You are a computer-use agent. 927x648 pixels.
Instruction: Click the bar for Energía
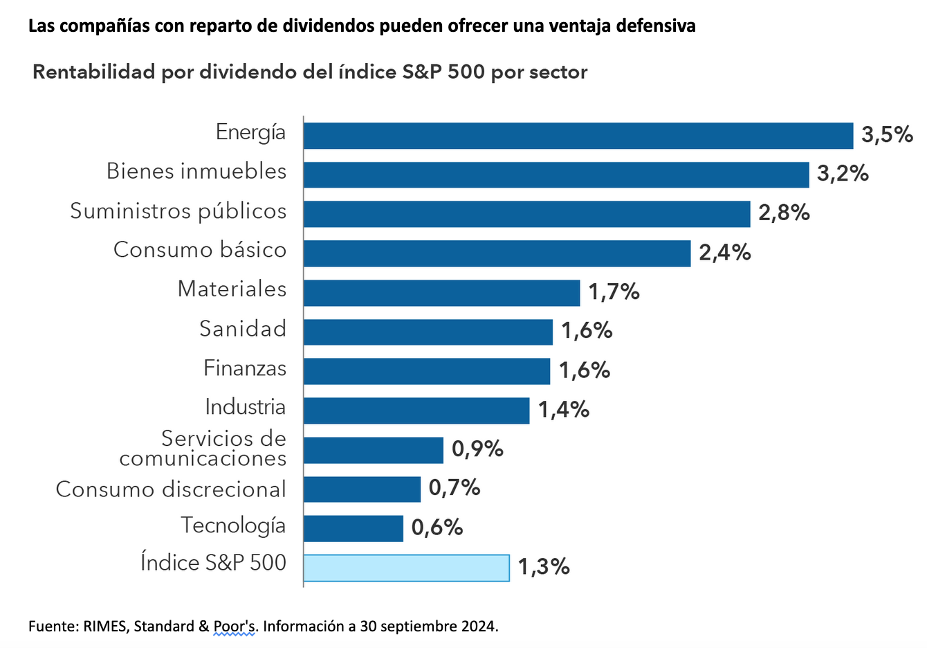[x=578, y=136]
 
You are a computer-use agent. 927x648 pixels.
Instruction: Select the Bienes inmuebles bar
[x=556, y=174]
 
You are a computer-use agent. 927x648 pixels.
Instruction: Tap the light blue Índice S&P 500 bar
[x=406, y=568]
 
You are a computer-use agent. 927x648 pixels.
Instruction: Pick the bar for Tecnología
[x=353, y=528]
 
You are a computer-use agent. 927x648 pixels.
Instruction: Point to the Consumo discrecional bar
[x=362, y=489]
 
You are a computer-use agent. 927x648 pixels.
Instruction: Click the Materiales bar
[x=441, y=293]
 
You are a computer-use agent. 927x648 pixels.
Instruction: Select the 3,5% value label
[x=887, y=134]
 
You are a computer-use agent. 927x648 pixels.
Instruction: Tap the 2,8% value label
[x=784, y=213]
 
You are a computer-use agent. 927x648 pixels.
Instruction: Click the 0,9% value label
[x=477, y=449]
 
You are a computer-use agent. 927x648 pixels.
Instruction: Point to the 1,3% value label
[x=544, y=567]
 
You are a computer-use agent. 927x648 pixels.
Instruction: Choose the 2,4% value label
[x=724, y=253]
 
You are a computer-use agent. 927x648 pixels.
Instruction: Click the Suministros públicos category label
[x=178, y=211]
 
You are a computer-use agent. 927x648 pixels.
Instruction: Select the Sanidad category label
[x=243, y=328]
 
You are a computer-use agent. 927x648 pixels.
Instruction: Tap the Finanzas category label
[x=245, y=368]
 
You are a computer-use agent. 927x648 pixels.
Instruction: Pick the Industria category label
[x=246, y=406]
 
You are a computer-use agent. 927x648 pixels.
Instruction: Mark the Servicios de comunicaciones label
[x=203, y=448]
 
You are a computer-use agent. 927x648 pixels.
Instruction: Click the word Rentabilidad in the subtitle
[x=94, y=72]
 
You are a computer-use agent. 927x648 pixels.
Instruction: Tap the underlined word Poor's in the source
[x=235, y=627]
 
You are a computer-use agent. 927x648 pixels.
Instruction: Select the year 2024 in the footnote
[x=479, y=627]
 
